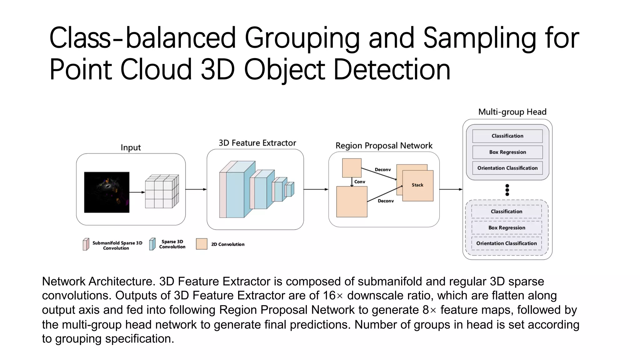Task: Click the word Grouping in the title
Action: click(x=302, y=39)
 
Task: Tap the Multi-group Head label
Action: click(x=512, y=112)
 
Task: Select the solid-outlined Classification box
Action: click(x=507, y=136)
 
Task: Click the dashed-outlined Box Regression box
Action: click(x=507, y=228)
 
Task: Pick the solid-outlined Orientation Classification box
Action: click(x=507, y=168)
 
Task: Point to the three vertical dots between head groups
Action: click(x=507, y=190)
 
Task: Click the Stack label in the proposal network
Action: click(x=417, y=185)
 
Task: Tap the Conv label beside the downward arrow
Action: click(x=360, y=182)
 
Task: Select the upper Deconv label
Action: click(x=382, y=170)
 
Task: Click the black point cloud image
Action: click(x=107, y=192)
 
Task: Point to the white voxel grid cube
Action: click(x=162, y=191)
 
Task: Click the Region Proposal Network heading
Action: click(x=384, y=146)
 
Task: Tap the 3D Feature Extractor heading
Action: click(x=257, y=143)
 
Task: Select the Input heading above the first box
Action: click(x=131, y=147)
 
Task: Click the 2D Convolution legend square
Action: click(x=202, y=244)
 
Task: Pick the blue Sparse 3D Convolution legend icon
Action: click(x=152, y=244)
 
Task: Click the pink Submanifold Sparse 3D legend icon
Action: click(x=86, y=244)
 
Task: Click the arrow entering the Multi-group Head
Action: click(x=451, y=189)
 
